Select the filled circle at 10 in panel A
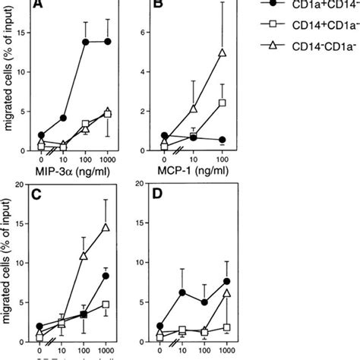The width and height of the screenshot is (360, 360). pyautogui.click(x=63, y=118)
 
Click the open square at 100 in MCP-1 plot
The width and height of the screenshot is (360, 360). pyautogui.click(x=222, y=103)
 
